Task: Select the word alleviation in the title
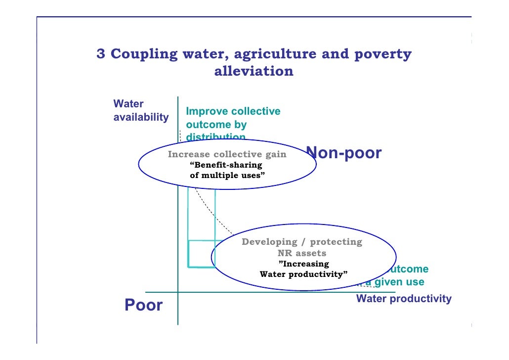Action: pos(254,71)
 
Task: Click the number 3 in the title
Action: pos(100,54)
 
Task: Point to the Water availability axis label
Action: pos(140,111)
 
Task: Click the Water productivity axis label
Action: pos(403,299)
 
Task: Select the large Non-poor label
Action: pos(344,153)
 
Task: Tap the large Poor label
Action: pos(143,305)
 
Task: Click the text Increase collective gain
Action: pos(227,154)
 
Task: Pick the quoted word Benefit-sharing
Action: pos(226,165)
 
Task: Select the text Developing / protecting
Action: pos(301,242)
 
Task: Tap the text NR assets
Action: pos(301,253)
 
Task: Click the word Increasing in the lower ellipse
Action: pos(303,264)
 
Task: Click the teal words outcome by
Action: pos(216,125)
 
